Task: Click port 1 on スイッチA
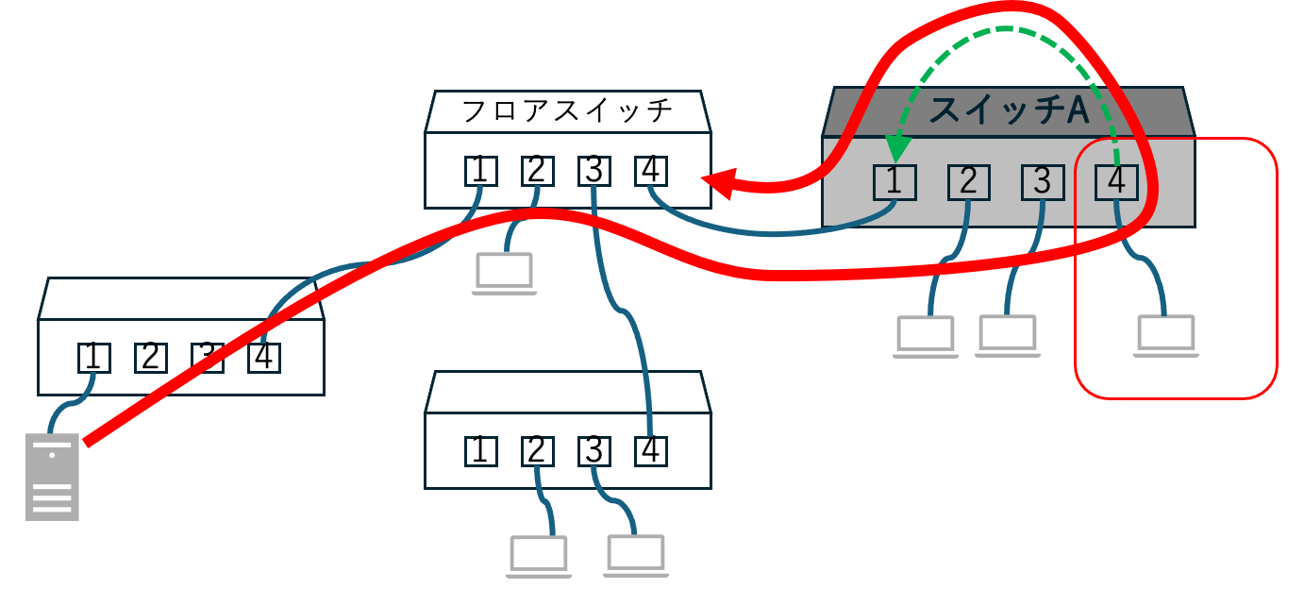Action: click(894, 181)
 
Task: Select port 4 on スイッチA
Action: click(1116, 181)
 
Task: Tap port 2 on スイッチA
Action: click(968, 181)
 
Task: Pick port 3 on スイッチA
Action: click(1042, 181)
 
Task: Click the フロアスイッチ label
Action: click(567, 111)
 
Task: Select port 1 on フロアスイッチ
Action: click(480, 171)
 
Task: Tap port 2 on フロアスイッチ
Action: click(537, 171)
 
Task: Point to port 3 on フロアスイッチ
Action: click(593, 171)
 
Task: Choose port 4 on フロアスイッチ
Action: click(650, 171)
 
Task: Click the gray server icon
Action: click(52, 478)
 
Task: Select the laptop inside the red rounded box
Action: click(1166, 336)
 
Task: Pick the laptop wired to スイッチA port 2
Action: click(926, 336)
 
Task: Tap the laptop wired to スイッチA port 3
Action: click(1007, 334)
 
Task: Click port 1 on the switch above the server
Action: click(93, 357)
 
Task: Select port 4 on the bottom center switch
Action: click(650, 451)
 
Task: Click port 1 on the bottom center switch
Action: click(480, 451)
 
